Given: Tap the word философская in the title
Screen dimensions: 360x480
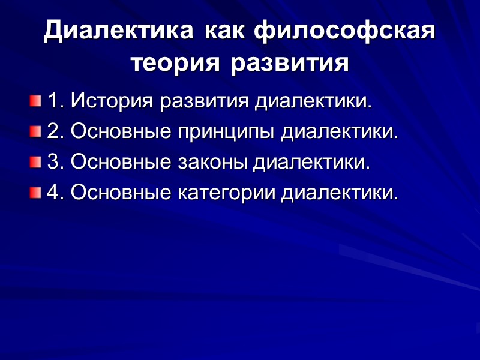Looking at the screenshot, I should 344,32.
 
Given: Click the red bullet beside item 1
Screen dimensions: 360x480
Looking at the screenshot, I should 35,100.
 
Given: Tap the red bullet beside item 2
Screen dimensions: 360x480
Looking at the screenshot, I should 35,131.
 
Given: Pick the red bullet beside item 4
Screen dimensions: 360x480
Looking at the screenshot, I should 35,193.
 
